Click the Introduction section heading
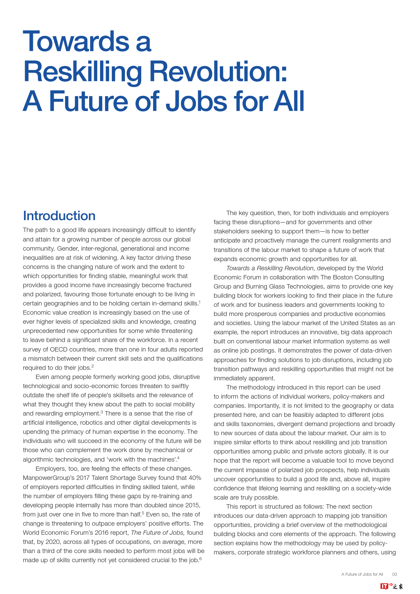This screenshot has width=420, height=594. [59, 216]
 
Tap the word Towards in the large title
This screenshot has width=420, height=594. [76, 42]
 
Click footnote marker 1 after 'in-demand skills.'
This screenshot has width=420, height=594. [200, 302]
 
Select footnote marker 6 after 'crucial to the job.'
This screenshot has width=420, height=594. [201, 558]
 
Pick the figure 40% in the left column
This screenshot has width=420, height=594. [195, 478]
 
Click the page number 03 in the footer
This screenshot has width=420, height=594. [395, 574]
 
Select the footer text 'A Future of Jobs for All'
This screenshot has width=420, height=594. [362, 574]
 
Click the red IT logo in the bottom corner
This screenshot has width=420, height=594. [384, 586]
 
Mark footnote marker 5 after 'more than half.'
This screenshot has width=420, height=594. [143, 513]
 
